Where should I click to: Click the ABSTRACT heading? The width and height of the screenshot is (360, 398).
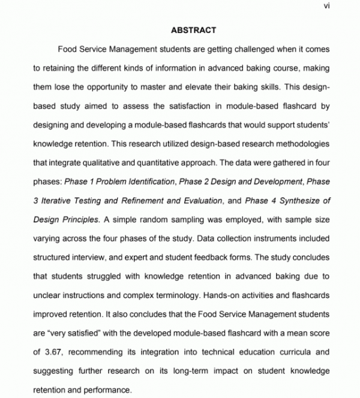pyautogui.click(x=193, y=30)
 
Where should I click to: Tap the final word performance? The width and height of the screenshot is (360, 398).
pyautogui.click(x=106, y=390)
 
